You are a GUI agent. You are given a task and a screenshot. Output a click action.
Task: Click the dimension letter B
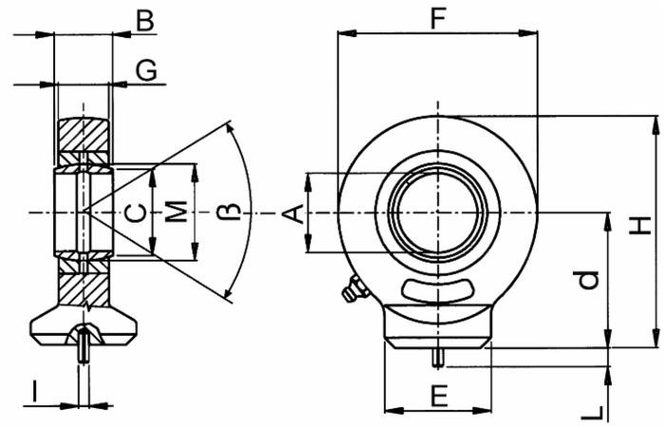click(x=144, y=20)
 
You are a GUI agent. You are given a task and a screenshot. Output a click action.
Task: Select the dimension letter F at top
click(x=438, y=17)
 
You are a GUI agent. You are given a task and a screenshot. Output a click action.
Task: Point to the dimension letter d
click(x=590, y=279)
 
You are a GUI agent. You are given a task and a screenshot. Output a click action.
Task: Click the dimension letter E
click(x=438, y=395)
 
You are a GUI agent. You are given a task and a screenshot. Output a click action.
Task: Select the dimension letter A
click(x=296, y=214)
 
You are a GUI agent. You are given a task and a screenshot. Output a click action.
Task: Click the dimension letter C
click(x=137, y=213)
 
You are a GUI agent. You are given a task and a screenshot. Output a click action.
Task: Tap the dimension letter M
click(x=177, y=213)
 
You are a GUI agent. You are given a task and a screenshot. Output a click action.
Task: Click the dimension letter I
click(x=34, y=390)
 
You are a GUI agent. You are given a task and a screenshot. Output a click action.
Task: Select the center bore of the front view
click(x=438, y=211)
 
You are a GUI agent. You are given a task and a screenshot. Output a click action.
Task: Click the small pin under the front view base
click(x=438, y=359)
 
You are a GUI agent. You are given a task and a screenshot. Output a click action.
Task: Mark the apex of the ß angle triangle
click(x=82, y=210)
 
